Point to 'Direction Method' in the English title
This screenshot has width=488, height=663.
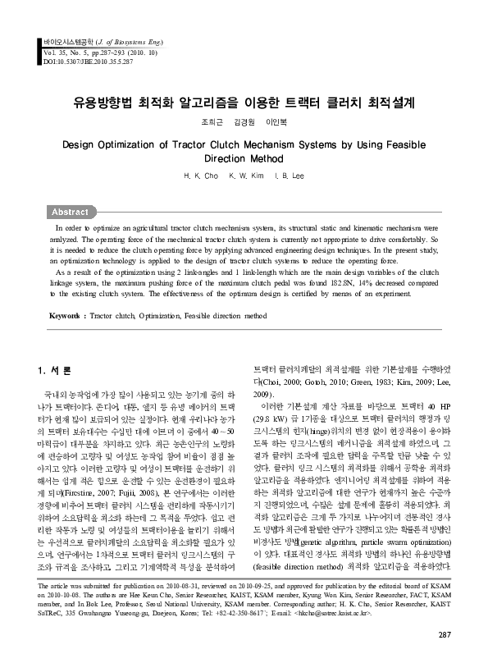pos(244,159)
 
